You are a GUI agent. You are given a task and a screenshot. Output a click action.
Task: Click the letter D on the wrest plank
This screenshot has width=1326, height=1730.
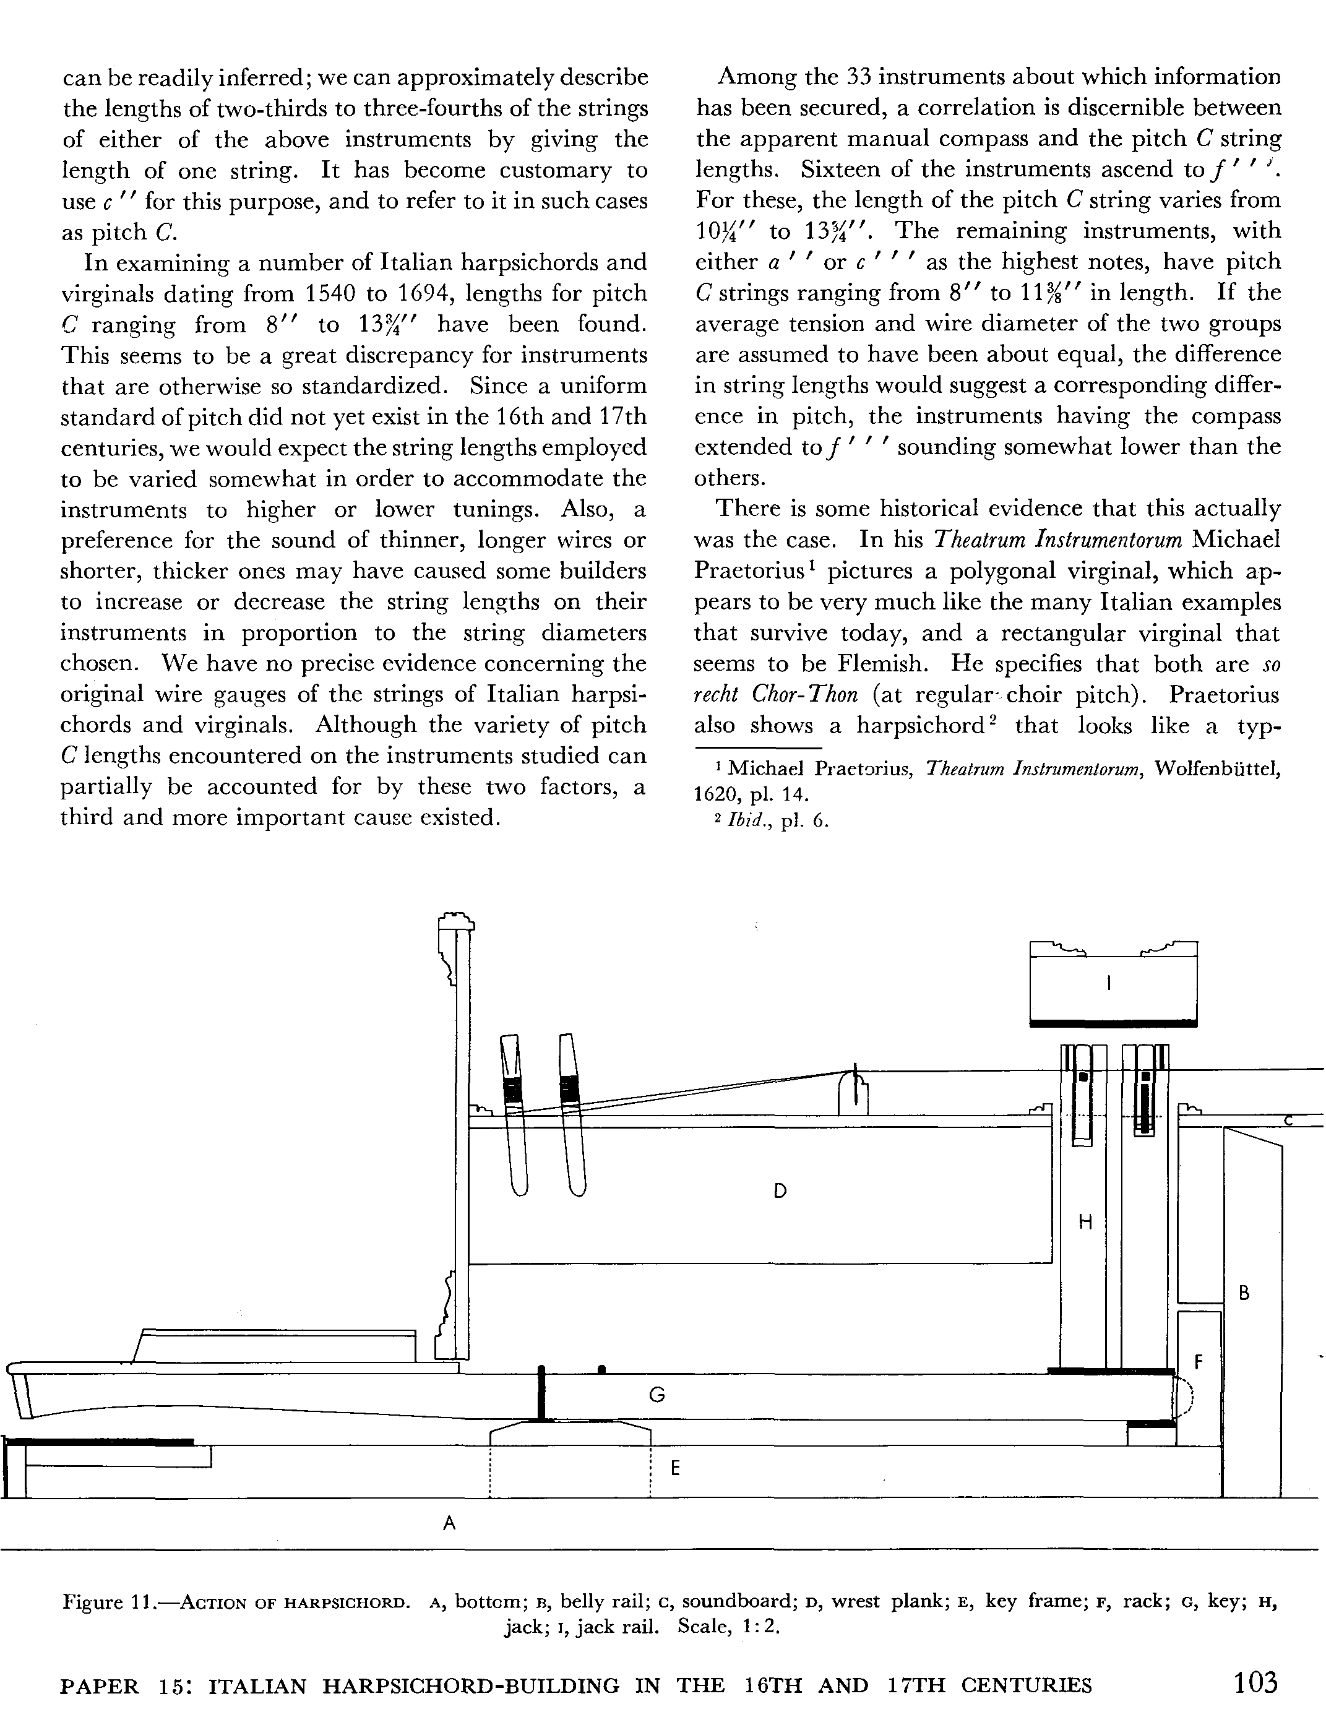(x=780, y=1191)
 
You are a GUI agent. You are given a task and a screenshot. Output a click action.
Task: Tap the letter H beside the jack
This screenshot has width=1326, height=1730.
(x=1085, y=1223)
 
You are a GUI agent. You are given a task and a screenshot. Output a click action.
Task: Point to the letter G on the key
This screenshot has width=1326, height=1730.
(x=657, y=1395)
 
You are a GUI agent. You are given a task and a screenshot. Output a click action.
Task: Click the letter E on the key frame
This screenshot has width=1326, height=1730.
(x=675, y=1469)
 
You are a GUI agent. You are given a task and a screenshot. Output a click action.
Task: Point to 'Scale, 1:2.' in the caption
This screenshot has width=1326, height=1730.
(x=728, y=1628)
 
